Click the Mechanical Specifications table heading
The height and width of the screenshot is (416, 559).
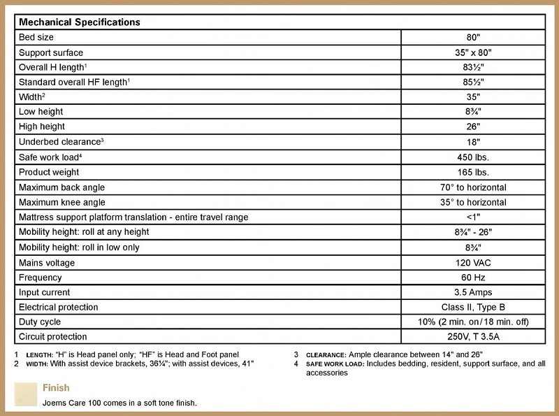pos(80,22)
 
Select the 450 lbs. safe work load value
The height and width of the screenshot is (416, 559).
pos(473,157)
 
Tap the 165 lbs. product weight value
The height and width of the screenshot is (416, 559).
pos(473,172)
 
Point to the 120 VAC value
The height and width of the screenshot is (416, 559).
pos(473,263)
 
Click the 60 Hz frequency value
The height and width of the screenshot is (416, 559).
pos(473,278)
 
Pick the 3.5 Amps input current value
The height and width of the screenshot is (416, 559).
pos(473,292)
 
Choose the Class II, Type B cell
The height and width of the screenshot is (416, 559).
pos(473,307)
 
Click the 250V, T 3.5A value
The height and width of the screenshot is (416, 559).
pos(473,337)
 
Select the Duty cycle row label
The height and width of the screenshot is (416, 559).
pos(40,322)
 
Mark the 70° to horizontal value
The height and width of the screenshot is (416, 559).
pos(473,187)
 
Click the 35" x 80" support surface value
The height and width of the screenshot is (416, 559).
pos(473,52)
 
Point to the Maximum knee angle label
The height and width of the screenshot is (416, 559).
pos(64,202)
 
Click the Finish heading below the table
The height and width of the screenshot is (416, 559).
pos(56,387)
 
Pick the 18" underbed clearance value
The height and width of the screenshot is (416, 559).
pos(473,142)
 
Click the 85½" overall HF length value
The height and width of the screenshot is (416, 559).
pos(473,82)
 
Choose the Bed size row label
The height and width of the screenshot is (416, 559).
pos(36,37)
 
